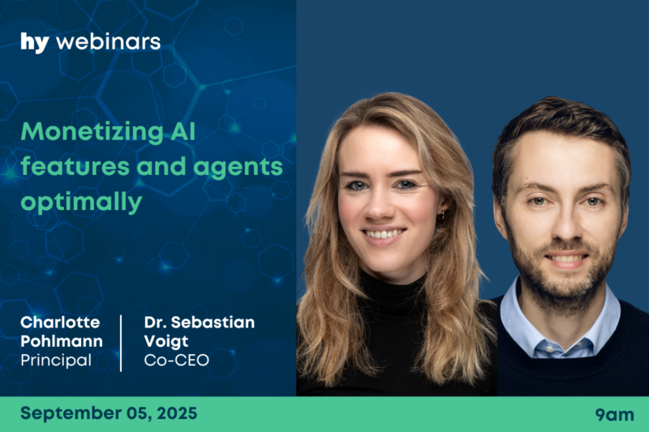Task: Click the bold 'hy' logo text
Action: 35,43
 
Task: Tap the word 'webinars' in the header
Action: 109,42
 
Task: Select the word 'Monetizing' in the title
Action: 92,132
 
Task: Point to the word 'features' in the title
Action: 75,166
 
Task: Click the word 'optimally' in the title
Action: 82,203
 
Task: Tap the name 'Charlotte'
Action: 60,322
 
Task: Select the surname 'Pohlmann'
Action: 62,341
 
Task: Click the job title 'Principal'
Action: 56,361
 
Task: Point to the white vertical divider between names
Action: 121,343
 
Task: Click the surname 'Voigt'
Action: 166,342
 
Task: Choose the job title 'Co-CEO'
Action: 176,360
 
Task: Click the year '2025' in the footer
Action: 177,413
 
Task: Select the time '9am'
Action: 614,414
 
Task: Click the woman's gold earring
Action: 442,216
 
